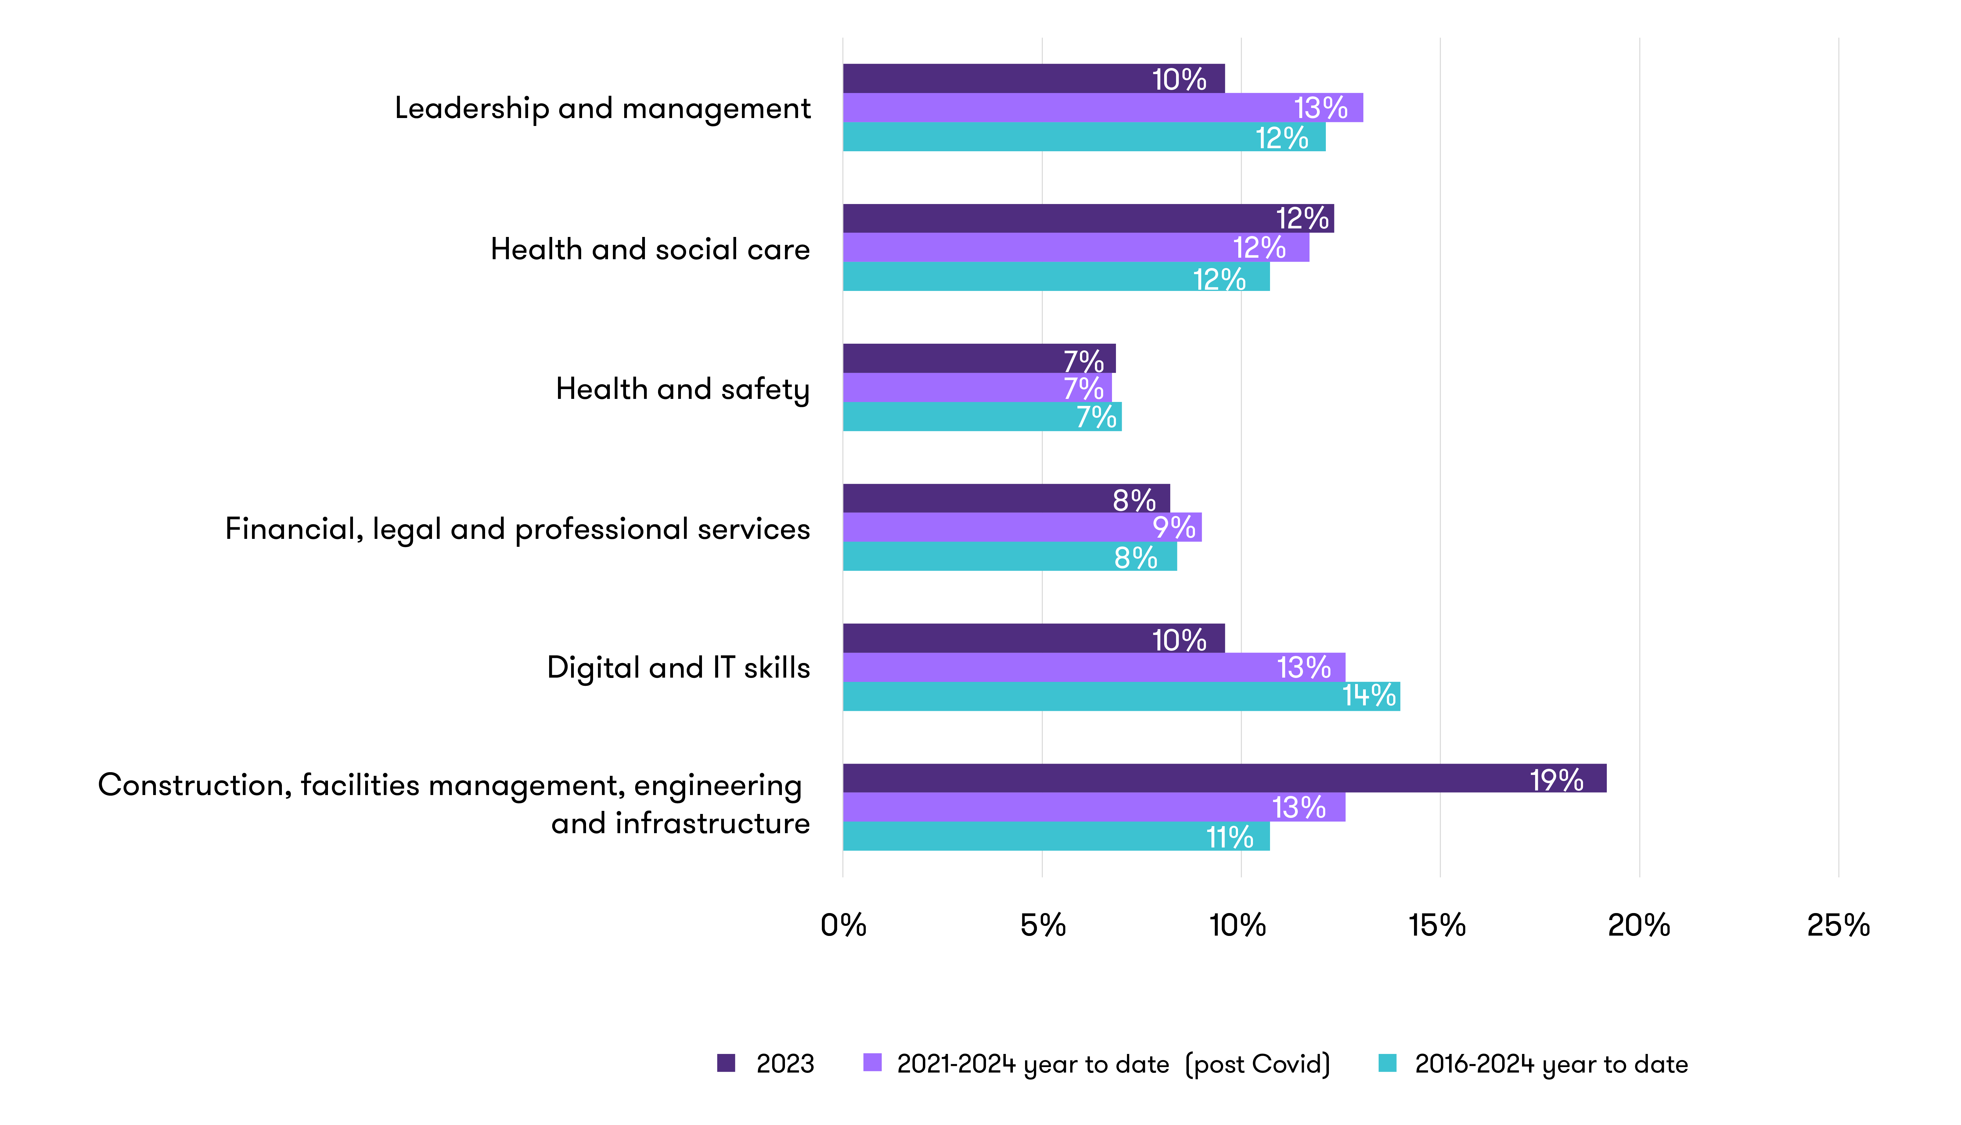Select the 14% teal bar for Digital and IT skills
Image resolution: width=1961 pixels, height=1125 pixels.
point(1121,696)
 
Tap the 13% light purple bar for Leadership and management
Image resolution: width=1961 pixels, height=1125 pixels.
point(1102,107)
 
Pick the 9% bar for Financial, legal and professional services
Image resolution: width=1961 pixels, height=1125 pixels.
point(1022,527)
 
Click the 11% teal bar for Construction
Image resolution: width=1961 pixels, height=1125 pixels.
point(1056,836)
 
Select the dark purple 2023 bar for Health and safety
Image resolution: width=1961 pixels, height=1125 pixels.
point(979,359)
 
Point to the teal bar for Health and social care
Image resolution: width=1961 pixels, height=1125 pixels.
point(1056,277)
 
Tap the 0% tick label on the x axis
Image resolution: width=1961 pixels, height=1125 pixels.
point(843,925)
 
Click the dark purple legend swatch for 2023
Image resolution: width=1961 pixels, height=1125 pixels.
point(726,1063)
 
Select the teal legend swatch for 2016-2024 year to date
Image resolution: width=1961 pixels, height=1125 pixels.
point(1387,1063)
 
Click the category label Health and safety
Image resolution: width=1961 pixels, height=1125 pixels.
point(682,389)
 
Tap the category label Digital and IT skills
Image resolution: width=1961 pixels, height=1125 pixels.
point(678,668)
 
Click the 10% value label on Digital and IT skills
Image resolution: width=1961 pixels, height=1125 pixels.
point(1179,640)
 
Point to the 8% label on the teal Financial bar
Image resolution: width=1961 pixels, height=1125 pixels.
point(1135,557)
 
